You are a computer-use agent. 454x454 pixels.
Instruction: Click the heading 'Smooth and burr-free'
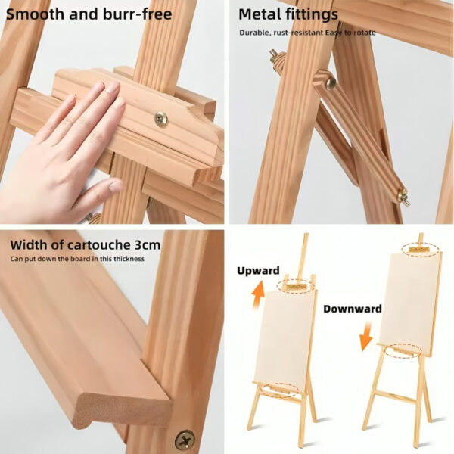[x=89, y=14]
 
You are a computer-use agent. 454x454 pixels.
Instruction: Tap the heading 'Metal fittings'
[x=288, y=14]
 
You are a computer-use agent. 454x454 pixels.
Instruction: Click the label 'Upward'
[x=258, y=270]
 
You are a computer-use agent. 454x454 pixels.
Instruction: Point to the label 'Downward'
[x=353, y=309]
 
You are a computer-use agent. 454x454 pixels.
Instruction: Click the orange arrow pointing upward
[x=258, y=295]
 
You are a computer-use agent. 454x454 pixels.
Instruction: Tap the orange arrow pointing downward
[x=366, y=336]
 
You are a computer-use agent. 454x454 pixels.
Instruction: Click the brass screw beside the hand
[x=161, y=119]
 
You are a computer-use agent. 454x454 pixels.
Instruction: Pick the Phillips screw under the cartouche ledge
[x=185, y=440]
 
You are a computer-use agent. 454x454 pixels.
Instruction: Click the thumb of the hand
[x=104, y=192]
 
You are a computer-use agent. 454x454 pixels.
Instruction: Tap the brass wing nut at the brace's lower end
[x=403, y=197]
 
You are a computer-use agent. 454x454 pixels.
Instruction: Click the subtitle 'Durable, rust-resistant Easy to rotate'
[x=307, y=33]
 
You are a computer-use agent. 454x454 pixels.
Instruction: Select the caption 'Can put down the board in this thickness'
[x=77, y=259]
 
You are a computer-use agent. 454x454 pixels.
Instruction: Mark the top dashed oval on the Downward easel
[x=421, y=249]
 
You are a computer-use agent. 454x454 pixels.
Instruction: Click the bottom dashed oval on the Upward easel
[x=280, y=389]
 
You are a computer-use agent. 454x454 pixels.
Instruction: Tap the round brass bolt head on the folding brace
[x=330, y=83]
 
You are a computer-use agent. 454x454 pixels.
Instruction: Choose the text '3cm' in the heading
[x=148, y=245]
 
